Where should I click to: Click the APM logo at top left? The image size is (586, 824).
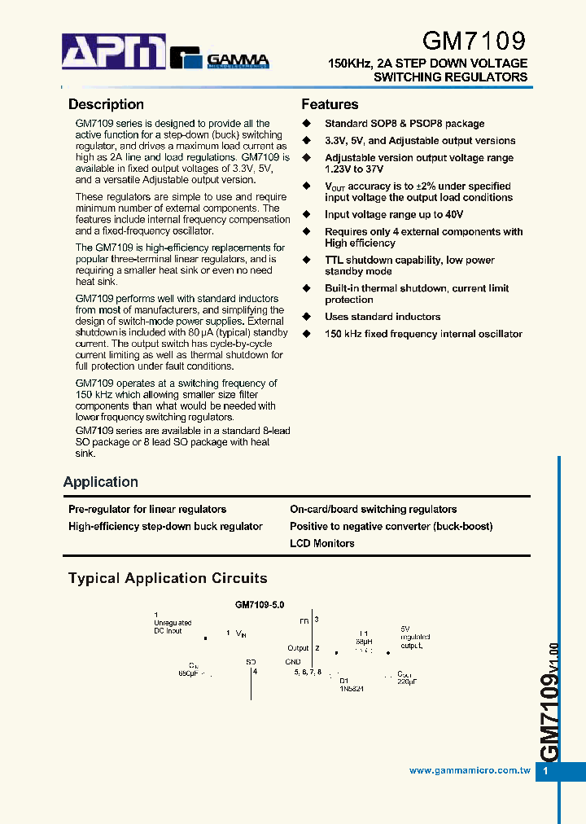pyautogui.click(x=114, y=53)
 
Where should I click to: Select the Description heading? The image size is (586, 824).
pyautogui.click(x=106, y=104)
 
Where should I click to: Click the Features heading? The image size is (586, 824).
pyautogui.click(x=330, y=104)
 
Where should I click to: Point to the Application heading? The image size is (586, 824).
pyautogui.click(x=101, y=482)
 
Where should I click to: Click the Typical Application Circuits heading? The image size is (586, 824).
pyautogui.click(x=168, y=578)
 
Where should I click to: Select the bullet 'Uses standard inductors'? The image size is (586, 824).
pyautogui.click(x=383, y=317)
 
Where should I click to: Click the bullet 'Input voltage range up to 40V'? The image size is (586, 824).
pyautogui.click(x=394, y=214)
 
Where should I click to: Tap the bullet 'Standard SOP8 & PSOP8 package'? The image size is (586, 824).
pyautogui.click(x=405, y=123)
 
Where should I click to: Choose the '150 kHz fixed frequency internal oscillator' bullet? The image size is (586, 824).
pyautogui.click(x=423, y=334)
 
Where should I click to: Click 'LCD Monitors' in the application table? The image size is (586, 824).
pyautogui.click(x=322, y=543)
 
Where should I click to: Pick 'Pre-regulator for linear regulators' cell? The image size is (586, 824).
pyautogui.click(x=147, y=509)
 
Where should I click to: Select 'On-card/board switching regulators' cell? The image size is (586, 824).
pyautogui.click(x=373, y=509)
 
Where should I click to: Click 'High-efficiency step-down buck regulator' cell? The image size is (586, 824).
pyautogui.click(x=165, y=526)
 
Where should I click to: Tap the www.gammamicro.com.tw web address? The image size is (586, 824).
pyautogui.click(x=470, y=770)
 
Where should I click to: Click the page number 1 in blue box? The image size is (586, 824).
pyautogui.click(x=546, y=771)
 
